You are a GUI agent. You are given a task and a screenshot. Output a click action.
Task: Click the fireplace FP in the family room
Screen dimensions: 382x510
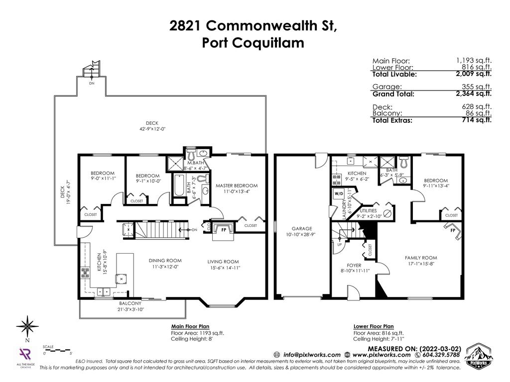453,231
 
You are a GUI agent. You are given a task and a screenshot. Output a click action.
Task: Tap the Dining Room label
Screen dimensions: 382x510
165,260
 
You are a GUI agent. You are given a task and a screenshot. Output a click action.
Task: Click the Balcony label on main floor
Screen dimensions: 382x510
130,303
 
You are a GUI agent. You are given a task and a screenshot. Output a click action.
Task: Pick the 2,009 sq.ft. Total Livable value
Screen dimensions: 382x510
473,74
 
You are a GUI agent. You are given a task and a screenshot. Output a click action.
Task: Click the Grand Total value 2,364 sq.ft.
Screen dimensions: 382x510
473,93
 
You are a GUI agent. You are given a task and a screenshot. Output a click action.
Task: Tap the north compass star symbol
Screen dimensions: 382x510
27,327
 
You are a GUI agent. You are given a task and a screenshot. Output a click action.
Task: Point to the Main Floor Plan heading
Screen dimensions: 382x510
190,327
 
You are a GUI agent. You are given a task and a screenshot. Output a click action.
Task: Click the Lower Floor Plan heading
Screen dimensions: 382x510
373,327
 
